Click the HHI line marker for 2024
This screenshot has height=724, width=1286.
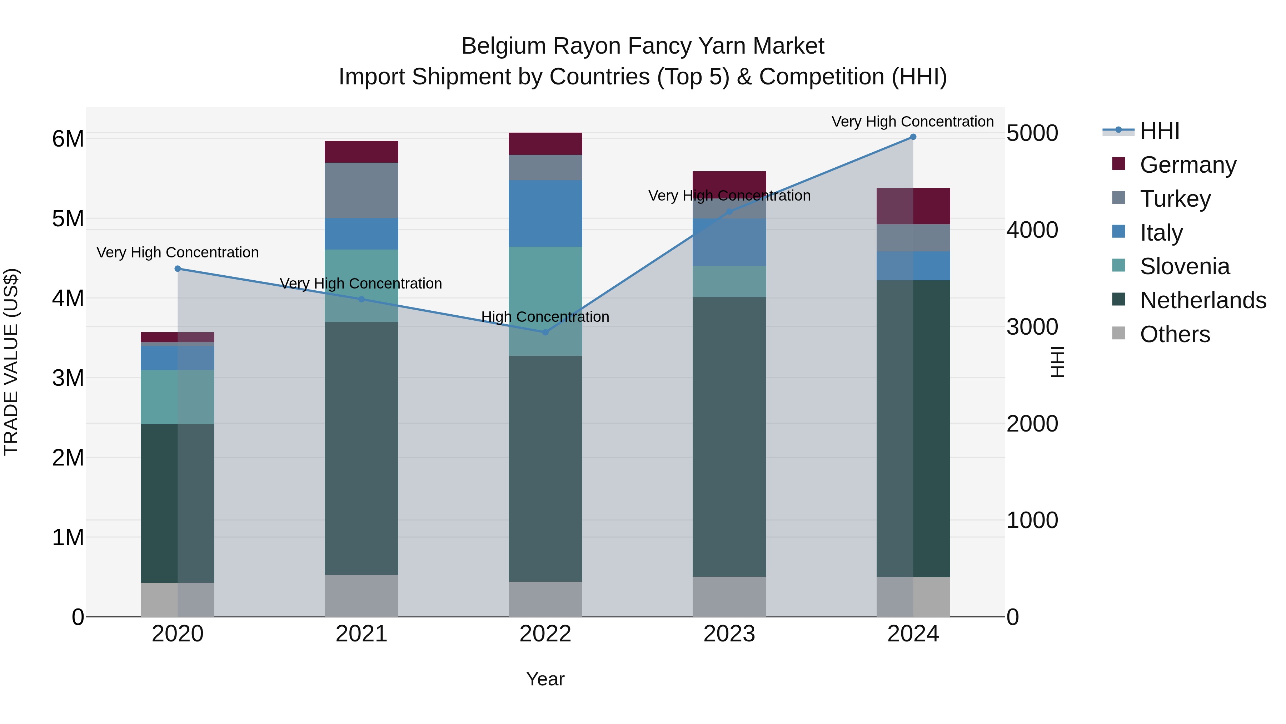(913, 137)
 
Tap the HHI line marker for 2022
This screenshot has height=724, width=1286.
(545, 332)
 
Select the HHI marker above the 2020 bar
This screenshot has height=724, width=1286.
(178, 269)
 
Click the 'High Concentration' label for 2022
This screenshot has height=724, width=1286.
(545, 317)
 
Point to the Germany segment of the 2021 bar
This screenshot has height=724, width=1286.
(362, 152)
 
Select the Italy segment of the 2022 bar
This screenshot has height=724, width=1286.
(545, 213)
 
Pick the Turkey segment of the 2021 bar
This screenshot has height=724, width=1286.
(362, 190)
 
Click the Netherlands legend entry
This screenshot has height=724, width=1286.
(1203, 300)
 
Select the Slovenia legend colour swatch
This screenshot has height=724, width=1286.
(1119, 265)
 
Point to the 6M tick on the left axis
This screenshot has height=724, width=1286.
(68, 139)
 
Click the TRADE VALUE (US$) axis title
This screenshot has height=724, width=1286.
(11, 362)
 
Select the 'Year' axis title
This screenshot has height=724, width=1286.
(545, 679)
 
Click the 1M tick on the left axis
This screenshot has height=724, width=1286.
(68, 538)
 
